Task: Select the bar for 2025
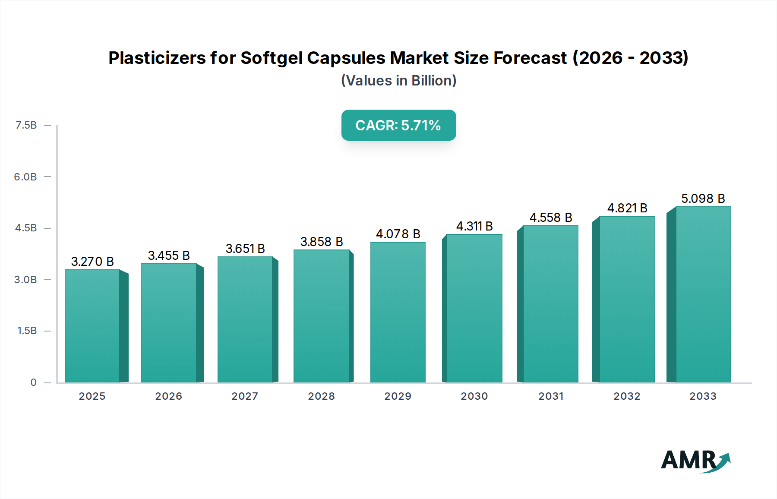[x=92, y=326]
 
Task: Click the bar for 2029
[x=398, y=312]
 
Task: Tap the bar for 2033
[x=703, y=294]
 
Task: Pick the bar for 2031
[x=550, y=304]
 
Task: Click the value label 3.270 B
[x=92, y=262]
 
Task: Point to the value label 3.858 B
[x=322, y=242]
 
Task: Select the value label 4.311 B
[x=474, y=226]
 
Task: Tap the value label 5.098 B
[x=703, y=199]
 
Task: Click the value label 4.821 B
[x=627, y=208]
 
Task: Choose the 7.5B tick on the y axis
[x=26, y=125]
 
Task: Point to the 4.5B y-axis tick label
[x=26, y=228]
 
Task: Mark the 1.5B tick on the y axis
[x=27, y=331]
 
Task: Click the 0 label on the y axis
[x=33, y=382]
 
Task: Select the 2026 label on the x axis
[x=168, y=396]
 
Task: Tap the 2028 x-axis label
[x=321, y=396]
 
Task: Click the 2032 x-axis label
[x=627, y=396]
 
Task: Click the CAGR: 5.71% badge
[x=398, y=125]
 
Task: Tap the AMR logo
[x=695, y=461]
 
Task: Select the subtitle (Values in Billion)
[x=398, y=81]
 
